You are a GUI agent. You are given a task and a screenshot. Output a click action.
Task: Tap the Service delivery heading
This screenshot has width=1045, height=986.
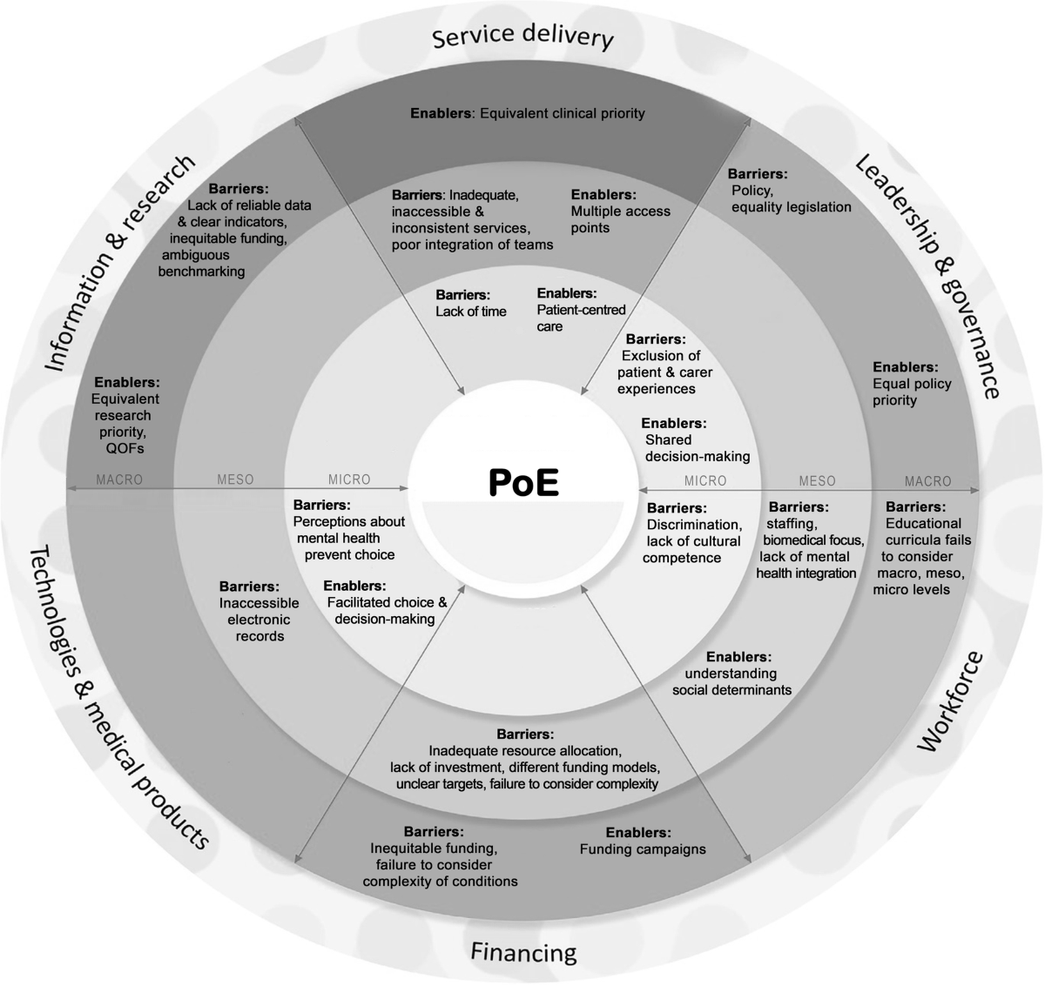coord(522,37)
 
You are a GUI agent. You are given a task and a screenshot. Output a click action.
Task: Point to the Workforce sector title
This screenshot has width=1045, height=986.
coord(950,701)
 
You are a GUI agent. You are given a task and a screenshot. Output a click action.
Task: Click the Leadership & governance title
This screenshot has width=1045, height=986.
coord(925,276)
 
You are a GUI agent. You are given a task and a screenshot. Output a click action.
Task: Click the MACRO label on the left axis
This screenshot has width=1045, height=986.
coord(119,480)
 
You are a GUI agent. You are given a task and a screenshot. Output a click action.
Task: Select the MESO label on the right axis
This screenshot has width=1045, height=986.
coord(817,480)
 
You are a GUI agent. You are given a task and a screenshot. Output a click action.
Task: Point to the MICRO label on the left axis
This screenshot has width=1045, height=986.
coord(349,480)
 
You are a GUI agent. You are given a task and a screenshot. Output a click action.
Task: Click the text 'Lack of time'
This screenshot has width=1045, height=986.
coord(470,312)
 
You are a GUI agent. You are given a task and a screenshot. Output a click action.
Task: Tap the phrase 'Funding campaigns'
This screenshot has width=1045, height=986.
coord(643,849)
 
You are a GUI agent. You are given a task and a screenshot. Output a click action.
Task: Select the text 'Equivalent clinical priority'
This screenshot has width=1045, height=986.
coord(562,113)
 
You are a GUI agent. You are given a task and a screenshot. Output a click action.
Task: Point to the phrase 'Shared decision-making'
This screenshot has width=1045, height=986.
coord(697,448)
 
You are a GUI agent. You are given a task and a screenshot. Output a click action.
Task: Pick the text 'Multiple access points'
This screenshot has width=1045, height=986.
coord(620,219)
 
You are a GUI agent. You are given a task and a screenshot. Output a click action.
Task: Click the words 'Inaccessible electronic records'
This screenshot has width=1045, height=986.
coord(259,620)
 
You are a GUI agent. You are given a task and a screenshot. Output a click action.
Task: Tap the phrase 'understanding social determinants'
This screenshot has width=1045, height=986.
coord(731,681)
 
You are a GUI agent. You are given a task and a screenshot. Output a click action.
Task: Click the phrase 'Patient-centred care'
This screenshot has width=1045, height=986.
coord(581,318)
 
